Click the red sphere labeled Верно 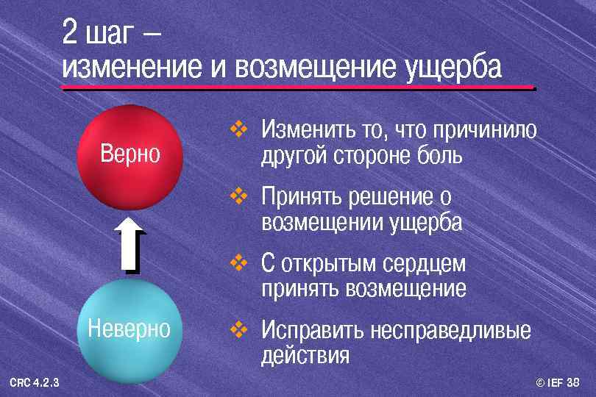point(130,157)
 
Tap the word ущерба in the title point(453,68)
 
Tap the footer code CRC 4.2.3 point(35,381)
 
